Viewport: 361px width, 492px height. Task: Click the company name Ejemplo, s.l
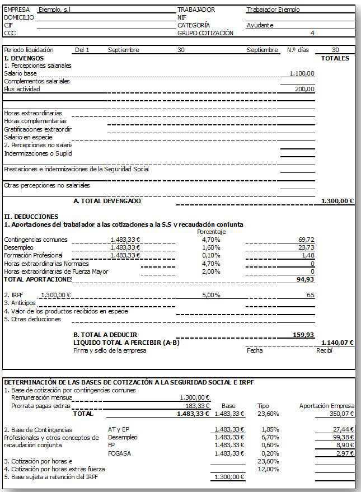pos(55,10)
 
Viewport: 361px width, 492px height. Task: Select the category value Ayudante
pos(260,25)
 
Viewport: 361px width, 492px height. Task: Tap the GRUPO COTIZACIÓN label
pos(205,33)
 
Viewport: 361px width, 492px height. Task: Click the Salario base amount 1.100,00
pos(302,73)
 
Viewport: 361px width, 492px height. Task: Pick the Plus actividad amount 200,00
pos(305,89)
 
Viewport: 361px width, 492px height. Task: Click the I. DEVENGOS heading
pos(24,58)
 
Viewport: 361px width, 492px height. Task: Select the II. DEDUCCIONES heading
pos(31,216)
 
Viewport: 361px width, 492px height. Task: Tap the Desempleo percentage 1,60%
pos(211,247)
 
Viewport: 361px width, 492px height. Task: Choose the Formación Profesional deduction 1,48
pos(308,255)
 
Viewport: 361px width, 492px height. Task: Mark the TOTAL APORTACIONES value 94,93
pos(305,279)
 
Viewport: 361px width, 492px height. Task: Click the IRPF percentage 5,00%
pos(211,294)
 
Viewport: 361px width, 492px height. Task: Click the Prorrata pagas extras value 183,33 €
pos(197,406)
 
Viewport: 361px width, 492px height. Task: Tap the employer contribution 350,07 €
pos(343,414)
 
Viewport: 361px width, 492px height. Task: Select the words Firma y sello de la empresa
pos(110,350)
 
